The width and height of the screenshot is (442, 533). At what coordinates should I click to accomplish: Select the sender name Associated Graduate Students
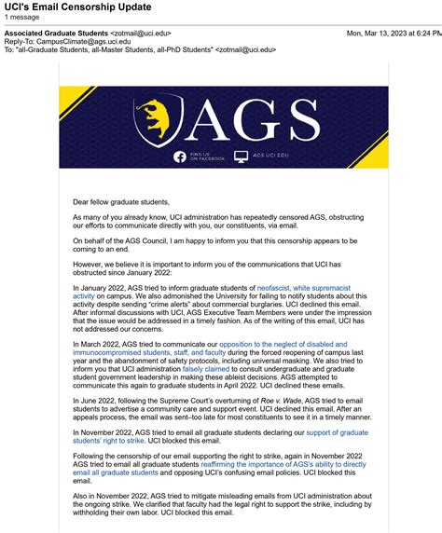(x=56, y=34)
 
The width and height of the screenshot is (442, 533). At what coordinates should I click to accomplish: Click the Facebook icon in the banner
(x=180, y=157)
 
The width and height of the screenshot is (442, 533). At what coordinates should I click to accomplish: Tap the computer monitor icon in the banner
(x=241, y=157)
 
